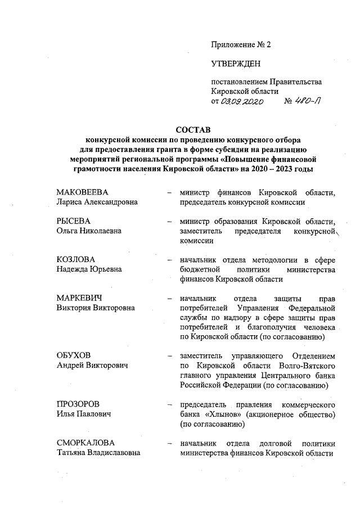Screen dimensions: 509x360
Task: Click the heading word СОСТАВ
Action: point(196,129)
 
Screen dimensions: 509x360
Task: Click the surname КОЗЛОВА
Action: point(76,259)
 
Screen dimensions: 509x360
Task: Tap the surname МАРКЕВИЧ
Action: point(81,298)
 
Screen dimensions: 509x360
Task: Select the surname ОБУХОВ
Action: point(74,355)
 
